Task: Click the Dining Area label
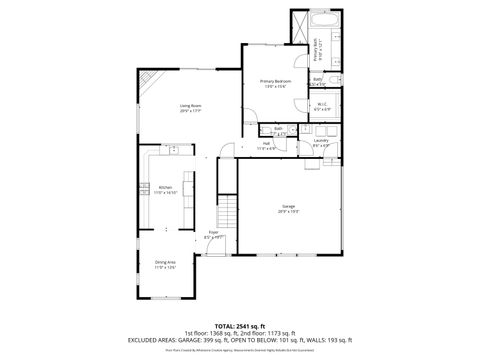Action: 165,264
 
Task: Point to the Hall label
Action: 268,144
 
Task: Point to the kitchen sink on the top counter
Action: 175,150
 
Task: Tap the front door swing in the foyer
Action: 222,247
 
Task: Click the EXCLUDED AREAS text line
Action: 240,339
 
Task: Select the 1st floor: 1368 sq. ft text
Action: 214,332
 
